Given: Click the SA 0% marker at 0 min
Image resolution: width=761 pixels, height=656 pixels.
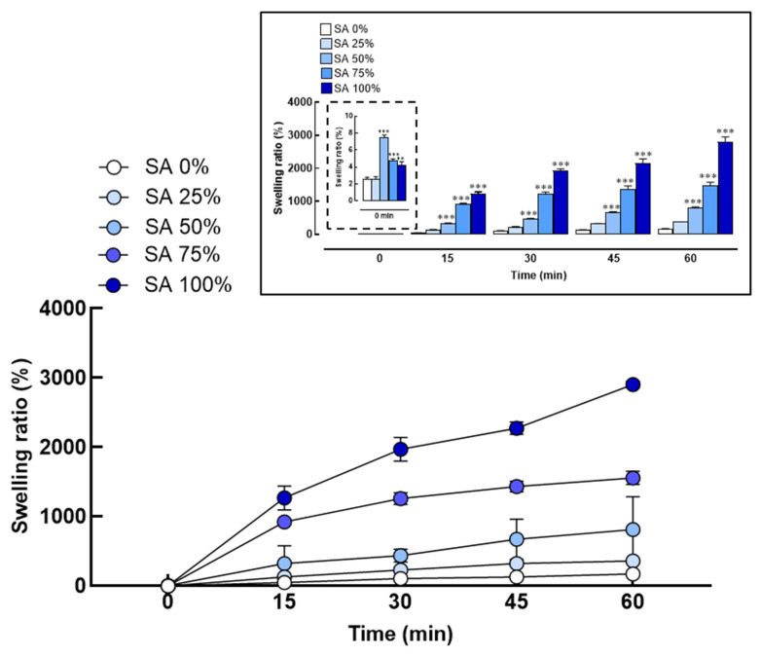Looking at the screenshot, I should pos(168,586).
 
